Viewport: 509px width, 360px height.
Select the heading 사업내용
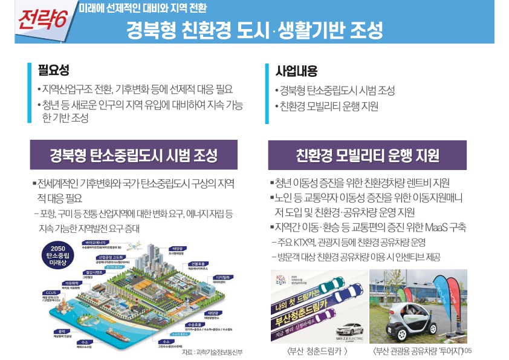coord(296,70)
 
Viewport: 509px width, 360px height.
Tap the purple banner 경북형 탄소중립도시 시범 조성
coord(134,155)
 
